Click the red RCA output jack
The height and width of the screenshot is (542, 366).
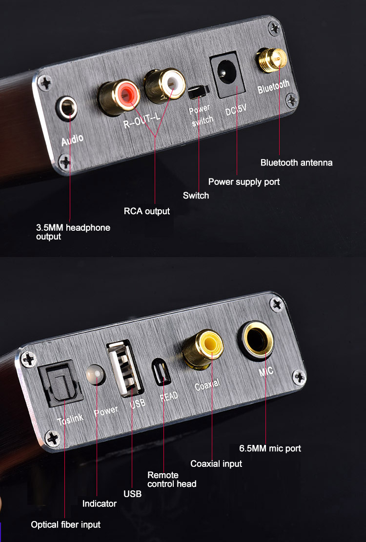point(119,97)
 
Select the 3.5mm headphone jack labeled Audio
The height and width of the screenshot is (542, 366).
point(67,108)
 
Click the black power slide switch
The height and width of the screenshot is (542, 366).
point(199,91)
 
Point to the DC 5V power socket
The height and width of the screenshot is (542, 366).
point(227,74)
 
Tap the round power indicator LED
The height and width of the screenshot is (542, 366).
point(95,375)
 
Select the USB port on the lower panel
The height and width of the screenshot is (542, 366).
point(125,368)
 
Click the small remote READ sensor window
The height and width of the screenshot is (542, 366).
point(161,372)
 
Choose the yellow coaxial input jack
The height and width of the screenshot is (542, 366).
point(203,349)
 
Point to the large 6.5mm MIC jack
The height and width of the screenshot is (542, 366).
point(256,341)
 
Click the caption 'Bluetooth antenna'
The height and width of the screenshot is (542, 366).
point(297,162)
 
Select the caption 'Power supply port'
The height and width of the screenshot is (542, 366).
point(244,182)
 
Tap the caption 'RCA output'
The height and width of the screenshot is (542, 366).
point(147,211)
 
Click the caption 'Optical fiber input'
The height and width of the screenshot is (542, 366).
point(66,525)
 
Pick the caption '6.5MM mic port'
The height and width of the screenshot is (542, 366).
point(270,449)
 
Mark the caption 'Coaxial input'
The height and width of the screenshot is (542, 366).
point(216,463)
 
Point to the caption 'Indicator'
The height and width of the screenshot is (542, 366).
point(99,503)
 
